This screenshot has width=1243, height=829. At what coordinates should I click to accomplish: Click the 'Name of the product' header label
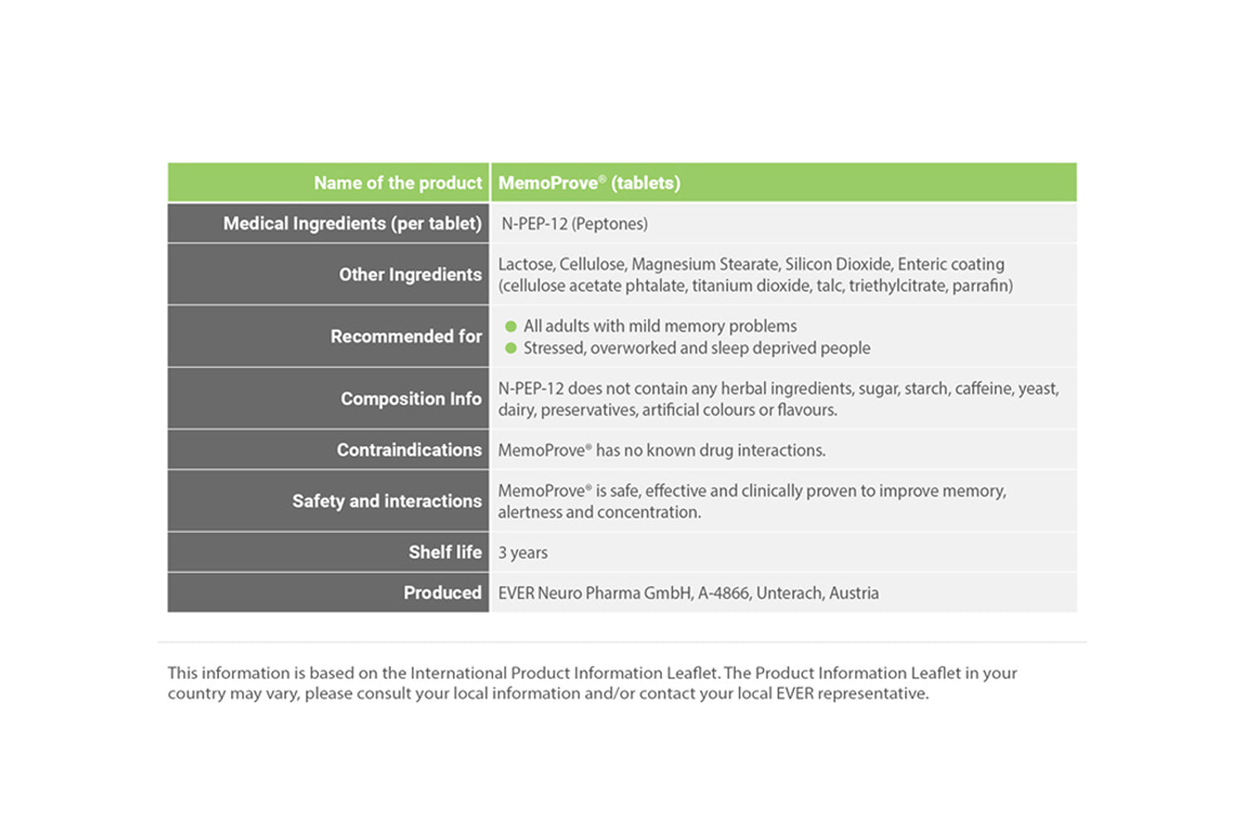tap(397, 183)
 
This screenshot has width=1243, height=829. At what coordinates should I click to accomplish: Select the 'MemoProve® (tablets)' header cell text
tap(589, 183)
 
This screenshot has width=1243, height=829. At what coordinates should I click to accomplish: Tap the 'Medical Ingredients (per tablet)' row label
tap(352, 224)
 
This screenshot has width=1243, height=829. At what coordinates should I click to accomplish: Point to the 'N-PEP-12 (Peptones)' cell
tap(574, 224)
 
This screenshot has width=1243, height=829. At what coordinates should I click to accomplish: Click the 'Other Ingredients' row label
tap(409, 274)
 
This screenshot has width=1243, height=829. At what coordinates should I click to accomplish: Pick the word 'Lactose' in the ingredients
tap(525, 264)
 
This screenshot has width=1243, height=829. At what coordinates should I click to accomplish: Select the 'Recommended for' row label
tap(405, 337)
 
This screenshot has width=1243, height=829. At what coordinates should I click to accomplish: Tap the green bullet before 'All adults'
tap(511, 327)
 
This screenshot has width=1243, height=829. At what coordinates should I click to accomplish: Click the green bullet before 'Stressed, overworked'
tap(511, 348)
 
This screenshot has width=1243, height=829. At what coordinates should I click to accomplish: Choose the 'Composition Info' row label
tap(410, 399)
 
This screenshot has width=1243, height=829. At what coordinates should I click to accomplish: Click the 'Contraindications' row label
tap(409, 450)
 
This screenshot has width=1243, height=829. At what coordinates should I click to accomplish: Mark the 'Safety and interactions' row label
tap(386, 502)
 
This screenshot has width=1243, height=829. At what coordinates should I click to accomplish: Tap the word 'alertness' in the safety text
tap(530, 512)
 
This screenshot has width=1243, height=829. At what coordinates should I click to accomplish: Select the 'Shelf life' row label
tap(444, 552)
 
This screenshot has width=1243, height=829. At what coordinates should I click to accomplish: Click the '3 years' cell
tap(523, 553)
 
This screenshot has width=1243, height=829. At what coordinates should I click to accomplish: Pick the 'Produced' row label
tap(442, 593)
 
